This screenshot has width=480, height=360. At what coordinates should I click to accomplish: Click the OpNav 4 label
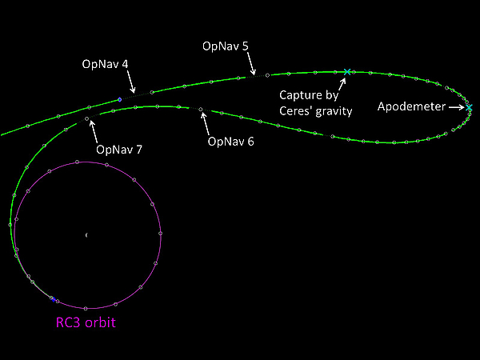coord(105,64)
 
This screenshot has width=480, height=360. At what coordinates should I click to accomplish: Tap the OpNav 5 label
coord(226,46)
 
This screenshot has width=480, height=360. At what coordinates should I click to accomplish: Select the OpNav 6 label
coord(231,142)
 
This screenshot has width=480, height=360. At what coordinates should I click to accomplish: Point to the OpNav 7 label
coord(119,150)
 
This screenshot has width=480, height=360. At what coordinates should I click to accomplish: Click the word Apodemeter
coord(411,106)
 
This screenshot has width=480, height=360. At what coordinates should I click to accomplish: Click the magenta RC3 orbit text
coord(86,322)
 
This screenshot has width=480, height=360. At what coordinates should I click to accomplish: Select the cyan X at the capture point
coord(347,72)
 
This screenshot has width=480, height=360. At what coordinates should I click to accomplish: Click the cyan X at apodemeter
coord(470,108)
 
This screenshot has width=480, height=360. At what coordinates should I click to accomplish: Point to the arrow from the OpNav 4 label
coord(131,82)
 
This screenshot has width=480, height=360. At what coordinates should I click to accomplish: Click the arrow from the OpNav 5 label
coord(251,63)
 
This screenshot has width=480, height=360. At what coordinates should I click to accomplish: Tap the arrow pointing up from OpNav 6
coord(206,124)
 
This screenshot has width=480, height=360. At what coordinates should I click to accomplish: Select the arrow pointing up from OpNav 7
coord(94,132)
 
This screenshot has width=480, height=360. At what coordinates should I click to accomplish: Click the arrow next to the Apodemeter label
coord(457,107)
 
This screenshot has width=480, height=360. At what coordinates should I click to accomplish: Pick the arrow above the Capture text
coord(342,84)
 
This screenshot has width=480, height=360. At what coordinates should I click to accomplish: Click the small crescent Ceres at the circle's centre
coord(86,235)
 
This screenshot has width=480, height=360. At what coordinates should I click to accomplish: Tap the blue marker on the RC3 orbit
coord(53,299)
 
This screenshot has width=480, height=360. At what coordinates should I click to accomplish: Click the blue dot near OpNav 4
coord(120,99)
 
